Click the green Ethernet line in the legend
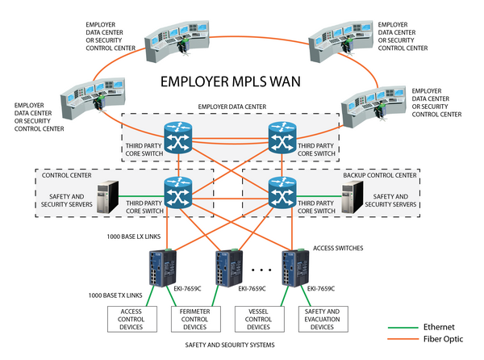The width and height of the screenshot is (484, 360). [x=405, y=329]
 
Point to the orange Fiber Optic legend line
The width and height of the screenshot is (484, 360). [x=405, y=340]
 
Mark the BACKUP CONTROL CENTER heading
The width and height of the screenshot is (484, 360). [x=380, y=175]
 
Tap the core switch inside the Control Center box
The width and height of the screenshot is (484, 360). [x=177, y=190]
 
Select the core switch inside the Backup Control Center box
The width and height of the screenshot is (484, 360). [x=282, y=190]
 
